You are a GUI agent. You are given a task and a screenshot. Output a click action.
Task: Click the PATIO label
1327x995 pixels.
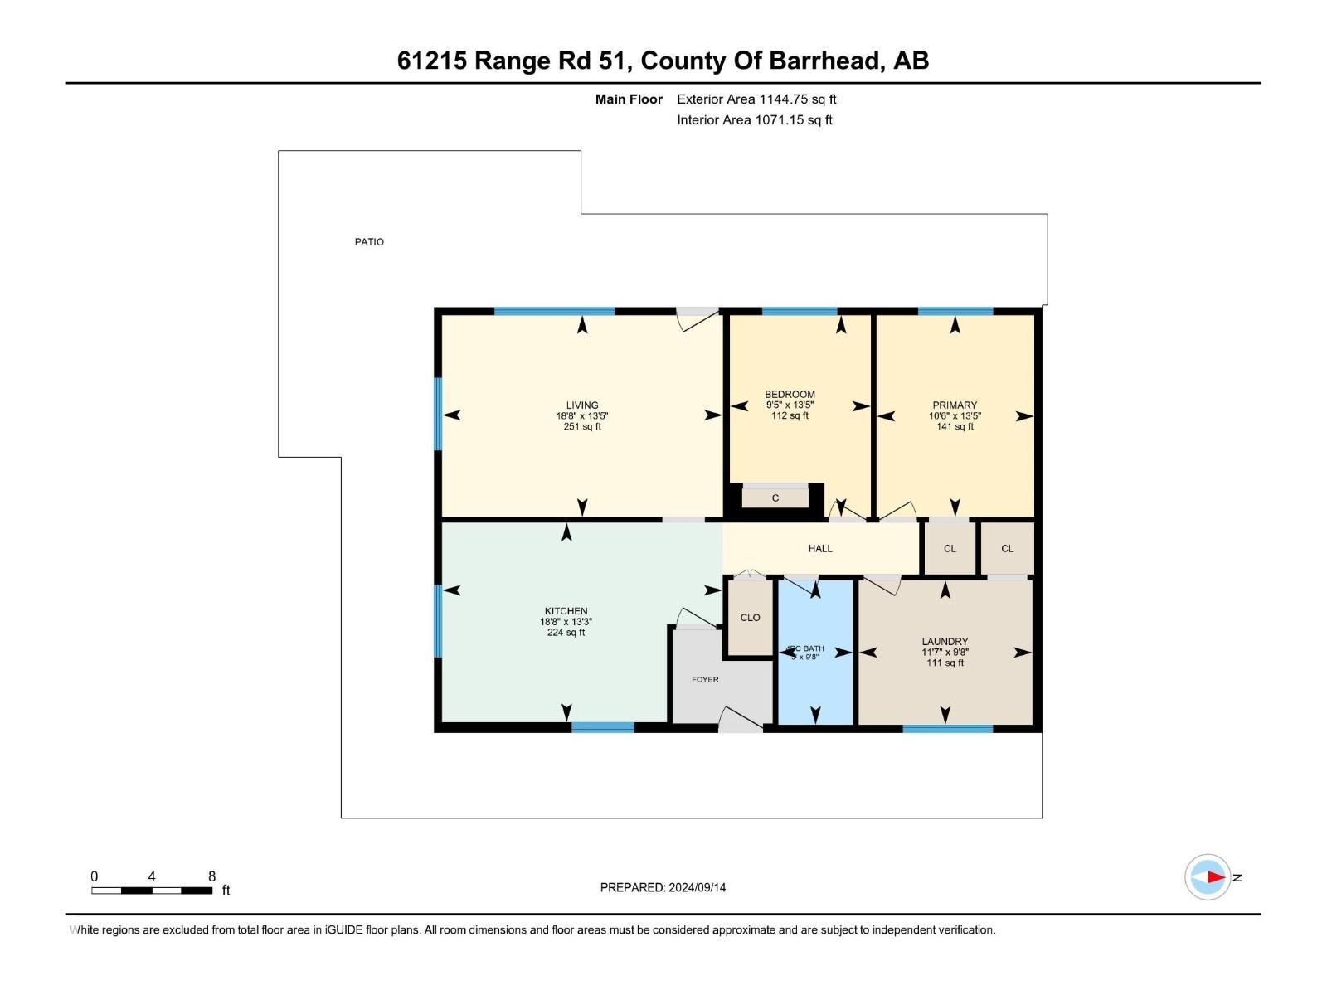click(x=369, y=242)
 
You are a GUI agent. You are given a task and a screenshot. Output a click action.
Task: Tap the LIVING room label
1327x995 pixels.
click(x=582, y=405)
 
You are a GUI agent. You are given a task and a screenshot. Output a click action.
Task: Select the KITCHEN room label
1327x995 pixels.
click(x=566, y=611)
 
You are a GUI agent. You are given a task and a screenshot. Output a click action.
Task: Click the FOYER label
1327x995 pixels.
click(x=705, y=679)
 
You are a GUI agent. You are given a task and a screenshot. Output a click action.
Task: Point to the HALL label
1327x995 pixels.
click(x=820, y=548)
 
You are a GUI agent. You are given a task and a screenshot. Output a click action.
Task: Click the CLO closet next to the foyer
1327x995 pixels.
click(x=750, y=618)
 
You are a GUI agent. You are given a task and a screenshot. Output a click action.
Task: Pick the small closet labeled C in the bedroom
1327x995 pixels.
click(x=775, y=498)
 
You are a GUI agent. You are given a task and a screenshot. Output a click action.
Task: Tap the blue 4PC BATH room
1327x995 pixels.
click(x=815, y=663)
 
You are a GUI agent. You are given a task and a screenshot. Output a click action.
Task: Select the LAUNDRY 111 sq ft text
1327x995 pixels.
click(x=945, y=663)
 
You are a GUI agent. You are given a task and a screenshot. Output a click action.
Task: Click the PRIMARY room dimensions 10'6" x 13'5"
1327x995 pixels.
click(x=955, y=416)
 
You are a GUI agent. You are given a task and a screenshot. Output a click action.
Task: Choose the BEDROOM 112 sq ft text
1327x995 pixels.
click(x=790, y=415)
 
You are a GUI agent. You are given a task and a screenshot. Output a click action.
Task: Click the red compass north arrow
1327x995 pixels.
click(x=1215, y=877)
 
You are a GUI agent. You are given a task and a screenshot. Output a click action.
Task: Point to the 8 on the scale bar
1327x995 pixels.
click(x=211, y=876)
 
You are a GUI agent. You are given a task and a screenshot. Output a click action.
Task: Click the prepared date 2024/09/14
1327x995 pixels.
click(x=696, y=887)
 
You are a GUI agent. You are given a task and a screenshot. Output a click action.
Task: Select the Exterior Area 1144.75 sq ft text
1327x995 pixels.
click(x=756, y=99)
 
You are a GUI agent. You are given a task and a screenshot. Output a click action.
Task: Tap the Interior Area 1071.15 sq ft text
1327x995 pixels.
click(x=754, y=120)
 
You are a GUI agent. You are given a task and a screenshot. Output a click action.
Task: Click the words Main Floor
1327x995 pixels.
click(x=629, y=99)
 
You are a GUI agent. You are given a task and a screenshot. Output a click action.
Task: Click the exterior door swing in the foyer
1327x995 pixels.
click(x=741, y=719)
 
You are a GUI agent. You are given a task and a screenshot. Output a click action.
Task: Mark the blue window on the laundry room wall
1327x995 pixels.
click(x=947, y=729)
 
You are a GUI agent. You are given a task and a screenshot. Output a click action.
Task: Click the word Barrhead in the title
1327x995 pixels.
click(x=825, y=61)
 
